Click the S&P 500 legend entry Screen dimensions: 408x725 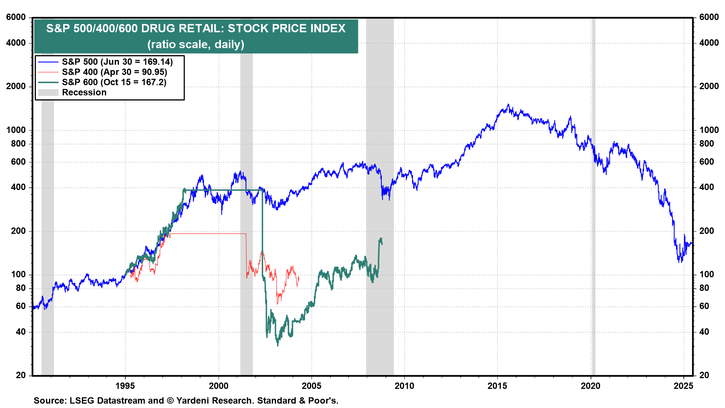(x=117, y=62)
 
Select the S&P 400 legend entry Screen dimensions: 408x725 (x=114, y=72)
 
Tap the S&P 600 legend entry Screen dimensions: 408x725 (x=114, y=82)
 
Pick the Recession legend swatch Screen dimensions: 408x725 (x=48, y=93)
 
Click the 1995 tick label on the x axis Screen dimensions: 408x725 (x=125, y=386)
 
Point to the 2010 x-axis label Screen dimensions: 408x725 (x=404, y=386)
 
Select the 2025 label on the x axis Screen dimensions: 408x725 (x=683, y=386)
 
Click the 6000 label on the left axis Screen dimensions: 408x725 (x=16, y=17)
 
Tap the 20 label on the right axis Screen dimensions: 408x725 (x=704, y=375)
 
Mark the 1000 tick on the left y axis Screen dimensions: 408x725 (x=16, y=130)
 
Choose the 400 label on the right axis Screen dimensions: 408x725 (x=706, y=187)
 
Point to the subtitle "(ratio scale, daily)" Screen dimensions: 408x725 (x=196, y=45)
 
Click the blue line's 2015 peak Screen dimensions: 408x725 (x=508, y=105)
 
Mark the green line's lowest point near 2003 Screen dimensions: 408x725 (x=278, y=345)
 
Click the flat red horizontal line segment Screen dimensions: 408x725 (x=208, y=234)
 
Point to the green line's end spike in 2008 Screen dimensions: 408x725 (x=381, y=239)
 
